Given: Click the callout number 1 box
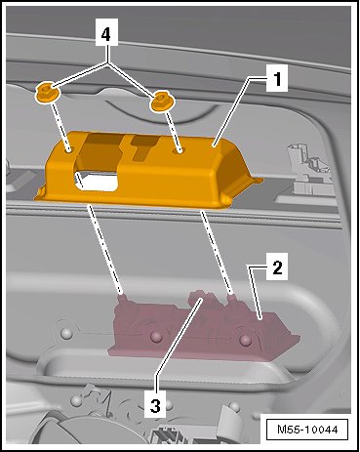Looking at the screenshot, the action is (x=277, y=78).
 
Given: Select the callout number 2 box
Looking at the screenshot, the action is (x=277, y=267).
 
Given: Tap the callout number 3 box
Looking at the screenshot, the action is (x=155, y=404).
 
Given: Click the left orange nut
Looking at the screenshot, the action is (x=47, y=93).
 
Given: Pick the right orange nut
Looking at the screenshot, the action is (x=162, y=101).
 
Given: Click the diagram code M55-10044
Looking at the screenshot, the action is (x=307, y=430).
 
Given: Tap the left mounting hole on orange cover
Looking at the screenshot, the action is (x=69, y=150).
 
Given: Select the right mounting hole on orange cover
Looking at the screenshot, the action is (x=180, y=150).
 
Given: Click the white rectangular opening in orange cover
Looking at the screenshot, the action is (x=97, y=182).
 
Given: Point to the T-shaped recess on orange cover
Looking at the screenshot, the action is (x=144, y=147).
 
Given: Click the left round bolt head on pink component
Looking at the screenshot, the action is (x=156, y=337).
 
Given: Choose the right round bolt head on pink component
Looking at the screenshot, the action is (x=245, y=340).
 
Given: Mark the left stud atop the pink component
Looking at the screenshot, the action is (x=122, y=298).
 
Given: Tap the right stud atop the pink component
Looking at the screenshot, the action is (x=231, y=298).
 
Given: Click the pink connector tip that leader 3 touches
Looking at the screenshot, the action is (x=199, y=298).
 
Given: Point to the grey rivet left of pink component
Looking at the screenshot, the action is (x=66, y=333).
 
